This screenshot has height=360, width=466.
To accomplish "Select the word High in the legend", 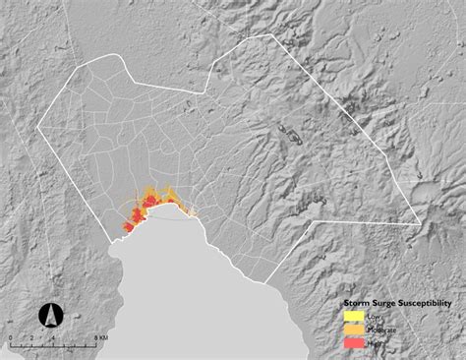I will point(373,342).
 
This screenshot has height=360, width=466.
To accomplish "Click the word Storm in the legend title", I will point(356,304).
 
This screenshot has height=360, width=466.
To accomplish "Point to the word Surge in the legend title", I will point(381,304).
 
